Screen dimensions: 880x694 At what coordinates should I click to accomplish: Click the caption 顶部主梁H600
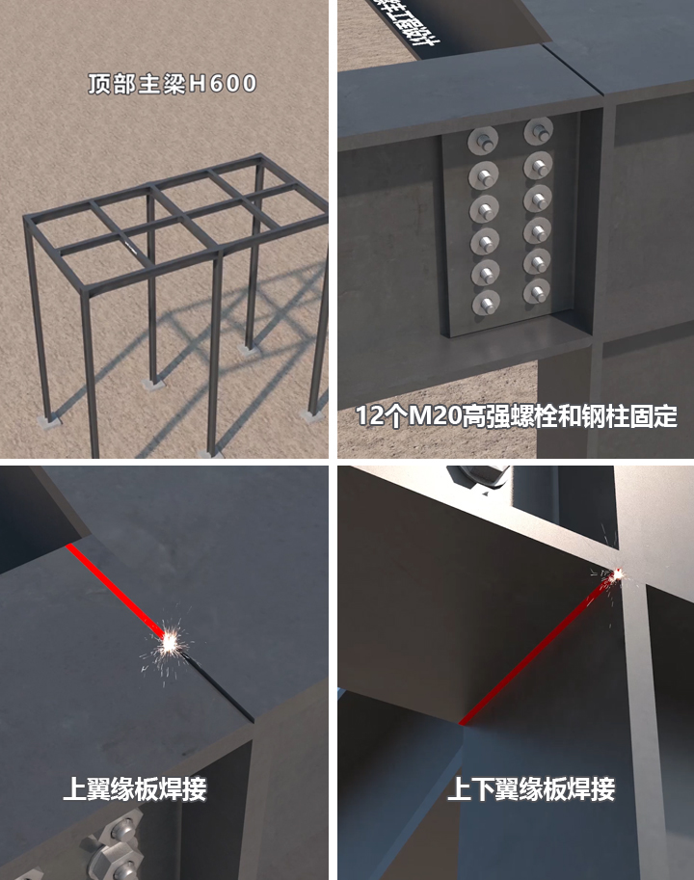click(x=173, y=84)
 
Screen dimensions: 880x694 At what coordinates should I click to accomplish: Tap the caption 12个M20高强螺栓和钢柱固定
click(x=517, y=416)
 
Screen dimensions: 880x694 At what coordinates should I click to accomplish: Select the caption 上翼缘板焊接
click(x=134, y=789)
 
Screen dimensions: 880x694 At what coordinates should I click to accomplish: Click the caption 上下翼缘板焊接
click(x=531, y=789)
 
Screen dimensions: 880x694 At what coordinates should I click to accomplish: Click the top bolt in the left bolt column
click(x=482, y=144)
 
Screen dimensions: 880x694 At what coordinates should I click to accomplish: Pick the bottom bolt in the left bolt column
click(x=483, y=304)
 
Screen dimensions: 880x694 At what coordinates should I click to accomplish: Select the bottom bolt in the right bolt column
click(x=536, y=292)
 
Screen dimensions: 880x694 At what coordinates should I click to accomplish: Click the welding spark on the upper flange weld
click(x=172, y=637)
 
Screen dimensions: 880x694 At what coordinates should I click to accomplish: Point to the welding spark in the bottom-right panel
click(x=616, y=575)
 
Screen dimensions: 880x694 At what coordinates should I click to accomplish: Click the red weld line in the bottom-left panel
click(x=114, y=590)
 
